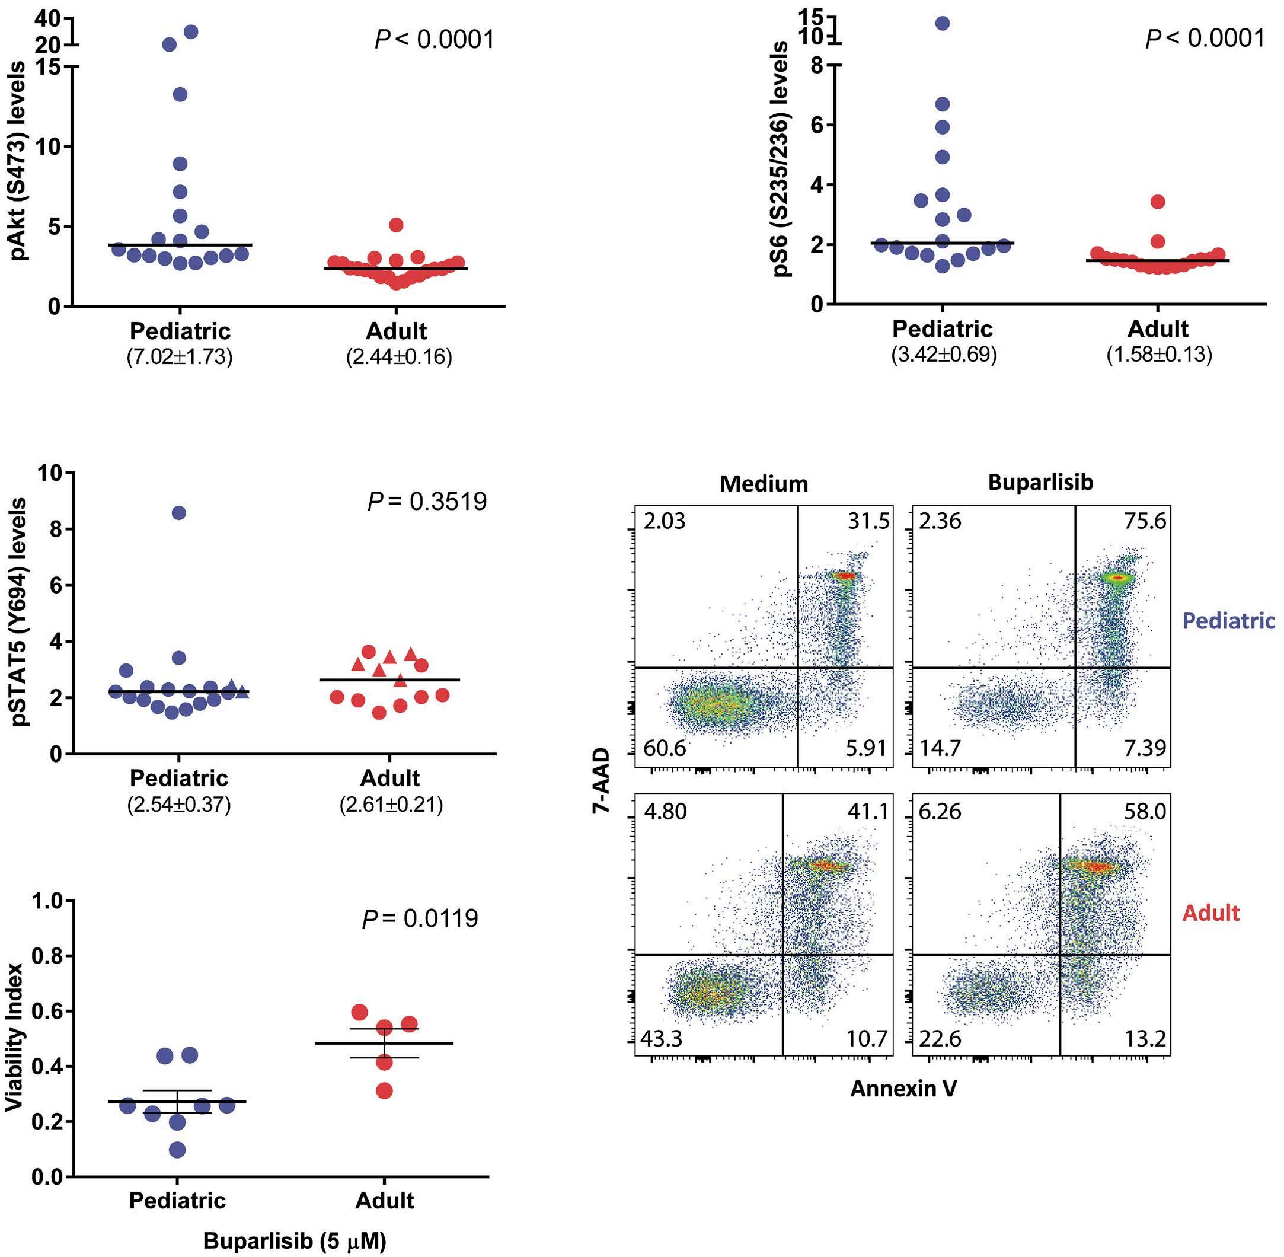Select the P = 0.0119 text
pos(420,918)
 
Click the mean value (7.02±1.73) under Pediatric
pos(180,357)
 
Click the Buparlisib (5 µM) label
pos(295,1241)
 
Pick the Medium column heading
pos(764,484)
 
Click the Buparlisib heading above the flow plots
pos(1040,483)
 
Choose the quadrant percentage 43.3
pos(662,1039)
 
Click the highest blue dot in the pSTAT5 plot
pos(179,513)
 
